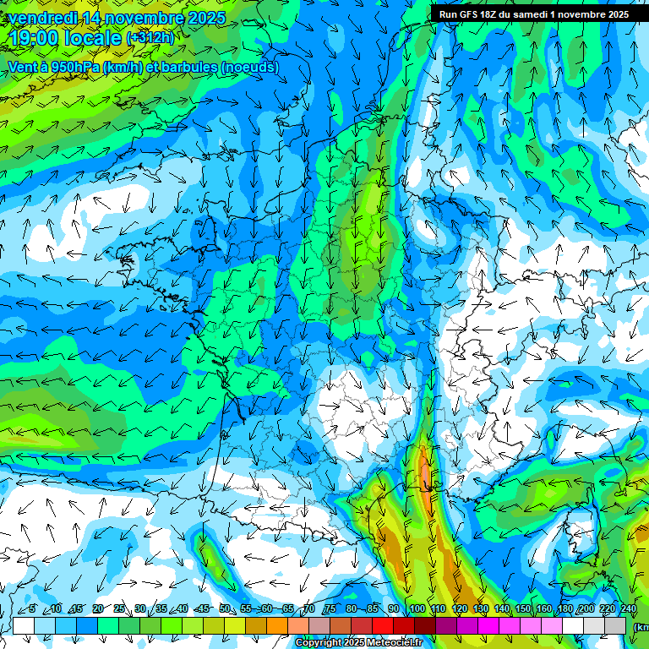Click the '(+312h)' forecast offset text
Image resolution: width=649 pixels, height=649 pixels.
pos(150,38)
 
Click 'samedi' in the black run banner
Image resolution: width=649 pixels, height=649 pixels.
pos(530,14)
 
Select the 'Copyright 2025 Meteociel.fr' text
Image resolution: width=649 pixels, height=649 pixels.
pos(359,643)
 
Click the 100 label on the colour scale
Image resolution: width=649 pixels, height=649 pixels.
pos(417,608)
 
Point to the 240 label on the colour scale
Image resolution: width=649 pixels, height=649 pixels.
pos(628,608)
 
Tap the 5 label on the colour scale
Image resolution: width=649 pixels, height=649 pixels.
pos(32,608)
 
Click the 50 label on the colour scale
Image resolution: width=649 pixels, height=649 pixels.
pos(224,608)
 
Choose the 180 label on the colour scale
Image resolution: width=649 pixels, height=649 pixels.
pos(564,608)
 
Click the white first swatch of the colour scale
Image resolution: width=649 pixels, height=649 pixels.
pos(24,625)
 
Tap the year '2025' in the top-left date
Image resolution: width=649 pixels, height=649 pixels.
pos(206,17)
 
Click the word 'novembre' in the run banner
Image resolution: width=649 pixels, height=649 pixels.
pos(584,14)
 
